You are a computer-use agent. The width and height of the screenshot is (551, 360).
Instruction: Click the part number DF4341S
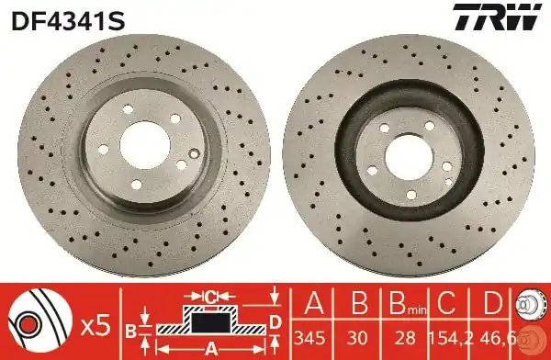pyautogui.click(x=68, y=21)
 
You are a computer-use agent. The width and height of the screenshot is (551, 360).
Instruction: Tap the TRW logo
pyautogui.click(x=497, y=17)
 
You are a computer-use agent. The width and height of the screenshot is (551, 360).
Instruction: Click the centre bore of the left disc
pyautogui.click(x=145, y=145)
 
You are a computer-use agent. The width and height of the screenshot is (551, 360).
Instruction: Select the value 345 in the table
pyautogui.click(x=310, y=338)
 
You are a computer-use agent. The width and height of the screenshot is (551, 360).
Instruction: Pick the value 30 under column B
pyautogui.click(x=358, y=338)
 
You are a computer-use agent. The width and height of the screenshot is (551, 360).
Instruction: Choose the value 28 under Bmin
pyautogui.click(x=405, y=338)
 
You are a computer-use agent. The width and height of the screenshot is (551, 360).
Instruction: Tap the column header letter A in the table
pyautogui.click(x=314, y=303)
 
